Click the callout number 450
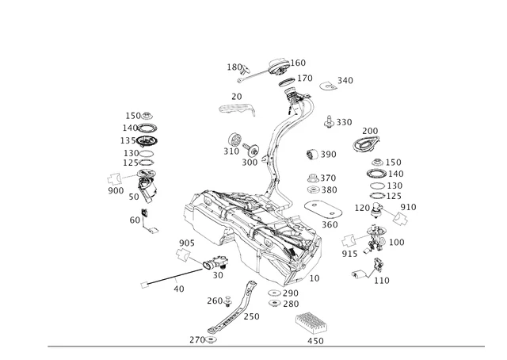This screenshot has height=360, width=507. tap(315, 341)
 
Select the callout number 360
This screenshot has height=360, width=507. tap(330, 224)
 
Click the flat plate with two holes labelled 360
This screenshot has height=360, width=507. tap(323, 209)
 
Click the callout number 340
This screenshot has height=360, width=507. tap(345, 80)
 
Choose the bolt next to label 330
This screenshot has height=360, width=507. tap(326, 121)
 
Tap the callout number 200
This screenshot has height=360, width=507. tap(370, 131)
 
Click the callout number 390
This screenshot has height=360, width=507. tap(328, 154)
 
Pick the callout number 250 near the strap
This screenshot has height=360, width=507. tap(251, 316)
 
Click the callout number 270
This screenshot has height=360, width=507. tap(196, 339)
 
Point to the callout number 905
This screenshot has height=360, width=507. tap(187, 243)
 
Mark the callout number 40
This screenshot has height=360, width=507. tap(178, 289)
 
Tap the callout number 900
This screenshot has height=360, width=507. tap(116, 190)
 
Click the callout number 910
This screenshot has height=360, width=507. tap(408, 207)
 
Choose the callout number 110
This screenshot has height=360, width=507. tap(382, 280)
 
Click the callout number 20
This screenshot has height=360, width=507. tap(236, 97)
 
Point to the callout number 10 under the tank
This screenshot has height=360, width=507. tap(314, 278)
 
